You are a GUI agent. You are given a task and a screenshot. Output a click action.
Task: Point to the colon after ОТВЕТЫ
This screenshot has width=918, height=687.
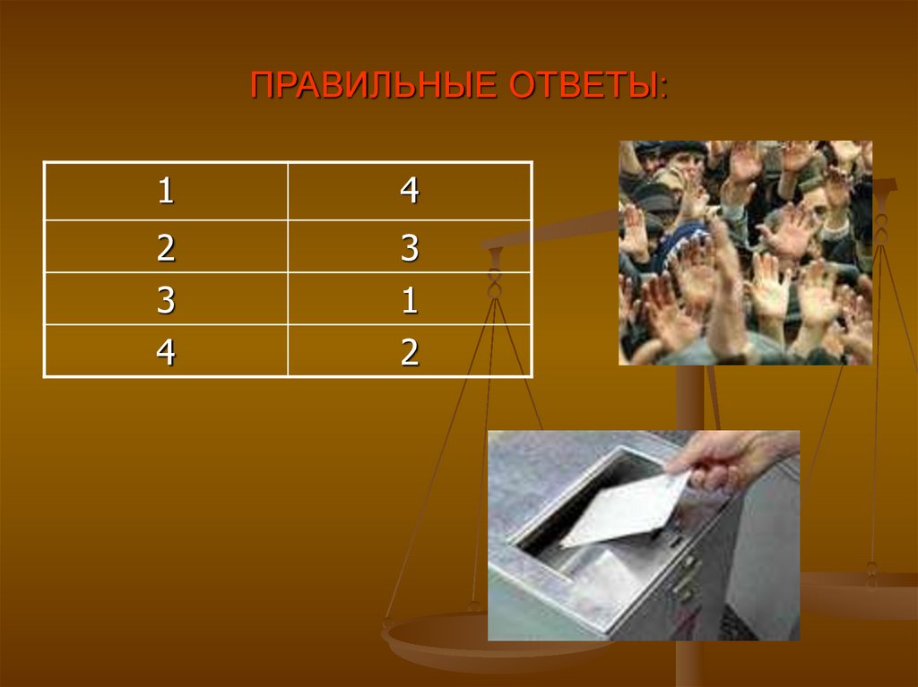[663, 86]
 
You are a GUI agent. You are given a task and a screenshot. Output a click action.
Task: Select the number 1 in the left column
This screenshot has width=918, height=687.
[165, 192]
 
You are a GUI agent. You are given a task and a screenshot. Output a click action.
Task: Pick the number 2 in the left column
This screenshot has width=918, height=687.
[165, 247]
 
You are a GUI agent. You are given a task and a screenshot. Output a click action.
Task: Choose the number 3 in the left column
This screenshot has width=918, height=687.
[165, 299]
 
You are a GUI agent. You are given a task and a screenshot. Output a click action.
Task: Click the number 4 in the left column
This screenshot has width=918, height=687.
[165, 351]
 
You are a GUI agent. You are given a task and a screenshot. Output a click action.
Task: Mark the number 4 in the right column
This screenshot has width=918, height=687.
[410, 192]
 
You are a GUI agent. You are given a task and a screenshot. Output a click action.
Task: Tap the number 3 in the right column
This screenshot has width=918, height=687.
[410, 247]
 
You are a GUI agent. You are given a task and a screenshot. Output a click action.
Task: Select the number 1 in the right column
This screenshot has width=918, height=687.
[410, 299]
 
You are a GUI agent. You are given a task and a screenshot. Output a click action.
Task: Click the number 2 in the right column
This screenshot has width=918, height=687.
[410, 351]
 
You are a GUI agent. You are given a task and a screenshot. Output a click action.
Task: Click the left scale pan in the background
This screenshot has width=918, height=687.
[448, 640]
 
